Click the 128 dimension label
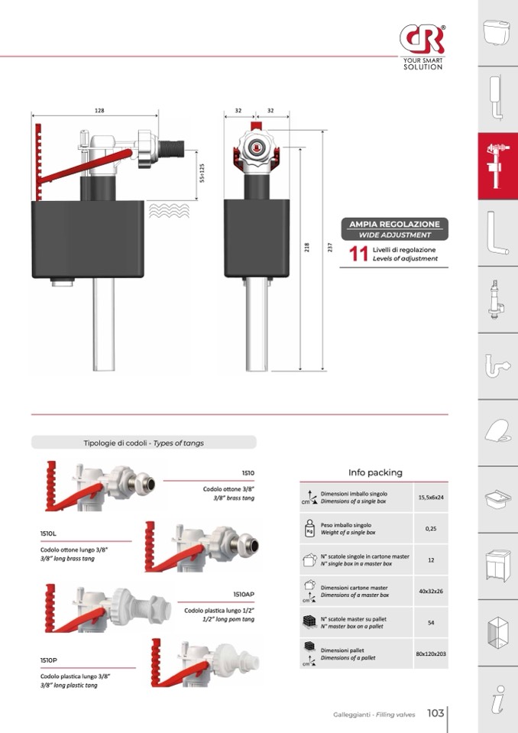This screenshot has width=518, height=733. [99, 112]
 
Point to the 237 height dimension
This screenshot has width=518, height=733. [329, 248]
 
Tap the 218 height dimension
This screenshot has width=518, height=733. [306, 248]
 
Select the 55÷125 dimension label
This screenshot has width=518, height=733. [202, 173]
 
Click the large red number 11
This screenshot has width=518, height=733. [358, 255]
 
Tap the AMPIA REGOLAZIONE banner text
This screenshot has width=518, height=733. [394, 224]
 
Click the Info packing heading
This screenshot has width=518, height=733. [374, 472]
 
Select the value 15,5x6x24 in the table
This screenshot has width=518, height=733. [431, 498]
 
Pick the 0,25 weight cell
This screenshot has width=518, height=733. [431, 528]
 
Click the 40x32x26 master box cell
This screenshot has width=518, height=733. [431, 591]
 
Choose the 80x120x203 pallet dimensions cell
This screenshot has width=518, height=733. [431, 654]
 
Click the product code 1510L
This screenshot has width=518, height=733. [49, 533]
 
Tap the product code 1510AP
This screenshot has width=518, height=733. [244, 594]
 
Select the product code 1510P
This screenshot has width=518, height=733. [49, 660]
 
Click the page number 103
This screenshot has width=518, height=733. [435, 713]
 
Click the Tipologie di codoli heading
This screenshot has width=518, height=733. [144, 443]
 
